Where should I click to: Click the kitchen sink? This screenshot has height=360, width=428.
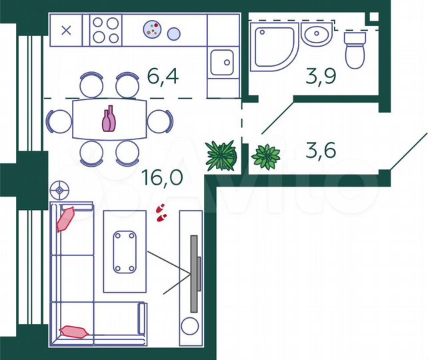(x=221, y=63)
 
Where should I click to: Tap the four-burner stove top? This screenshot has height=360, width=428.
(x=106, y=30)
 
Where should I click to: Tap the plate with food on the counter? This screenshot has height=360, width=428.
(x=153, y=29)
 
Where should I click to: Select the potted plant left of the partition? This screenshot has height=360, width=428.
(x=221, y=155)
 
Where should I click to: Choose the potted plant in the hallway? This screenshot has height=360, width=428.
(x=266, y=157)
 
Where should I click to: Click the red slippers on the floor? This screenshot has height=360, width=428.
(x=160, y=212)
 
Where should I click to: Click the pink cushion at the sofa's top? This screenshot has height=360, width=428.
(x=67, y=217)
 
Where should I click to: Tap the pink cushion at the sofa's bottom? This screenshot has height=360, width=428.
(x=74, y=331)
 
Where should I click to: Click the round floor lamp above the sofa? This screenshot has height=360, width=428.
(x=60, y=190)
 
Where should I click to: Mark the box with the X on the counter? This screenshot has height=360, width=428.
(x=67, y=29)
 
